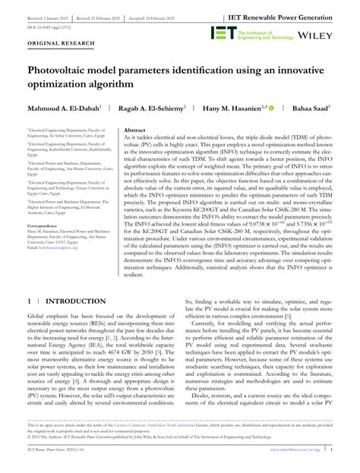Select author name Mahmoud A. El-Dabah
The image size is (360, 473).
66,109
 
